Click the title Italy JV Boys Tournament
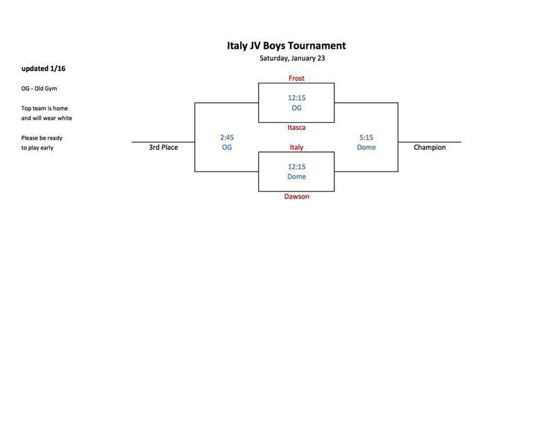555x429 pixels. click(x=287, y=46)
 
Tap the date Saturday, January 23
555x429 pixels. click(x=292, y=58)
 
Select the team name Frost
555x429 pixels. click(x=296, y=78)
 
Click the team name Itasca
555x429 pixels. click(x=296, y=128)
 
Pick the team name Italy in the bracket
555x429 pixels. click(x=296, y=147)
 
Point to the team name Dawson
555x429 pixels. click(x=296, y=196)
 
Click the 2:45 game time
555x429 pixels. click(x=227, y=137)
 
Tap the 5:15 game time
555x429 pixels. click(x=366, y=137)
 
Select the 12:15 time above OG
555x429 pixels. click(x=296, y=98)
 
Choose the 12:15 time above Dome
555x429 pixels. click(x=296, y=167)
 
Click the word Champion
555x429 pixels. click(x=429, y=147)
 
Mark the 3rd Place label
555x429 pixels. click(x=163, y=147)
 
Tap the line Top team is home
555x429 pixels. click(x=44, y=108)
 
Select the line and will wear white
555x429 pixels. click(x=46, y=118)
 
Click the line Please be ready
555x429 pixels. click(x=42, y=137)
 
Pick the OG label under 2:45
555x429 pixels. click(x=227, y=147)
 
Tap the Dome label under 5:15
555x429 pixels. click(x=366, y=147)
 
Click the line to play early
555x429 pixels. click(x=37, y=148)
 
